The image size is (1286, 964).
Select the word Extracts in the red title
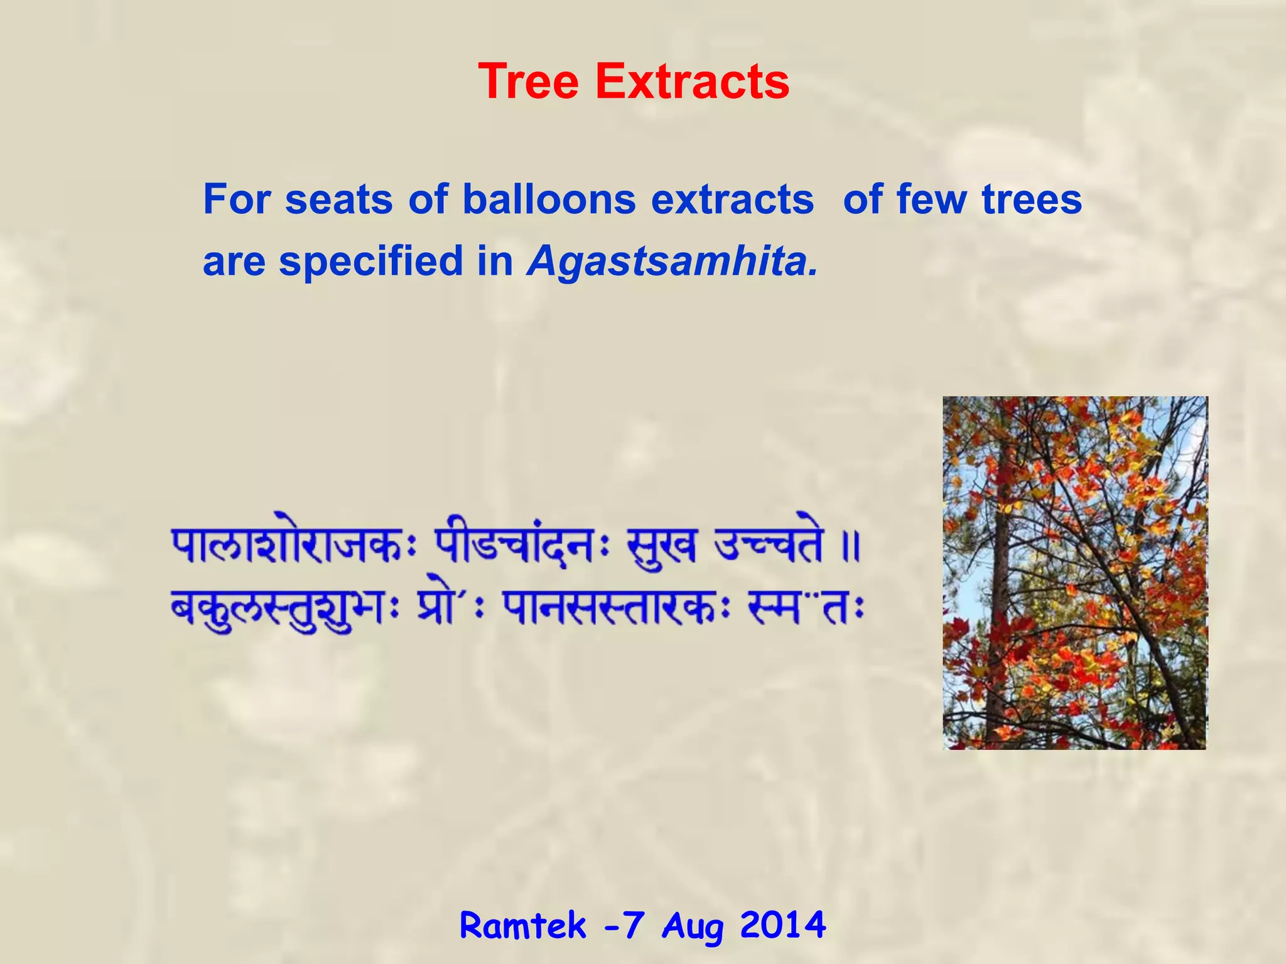[692, 82]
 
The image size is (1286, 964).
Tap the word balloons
[549, 200]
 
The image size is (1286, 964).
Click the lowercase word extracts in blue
[732, 200]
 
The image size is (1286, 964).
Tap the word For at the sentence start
[237, 200]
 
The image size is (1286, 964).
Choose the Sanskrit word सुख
[661, 546]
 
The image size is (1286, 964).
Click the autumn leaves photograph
[1074, 572]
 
